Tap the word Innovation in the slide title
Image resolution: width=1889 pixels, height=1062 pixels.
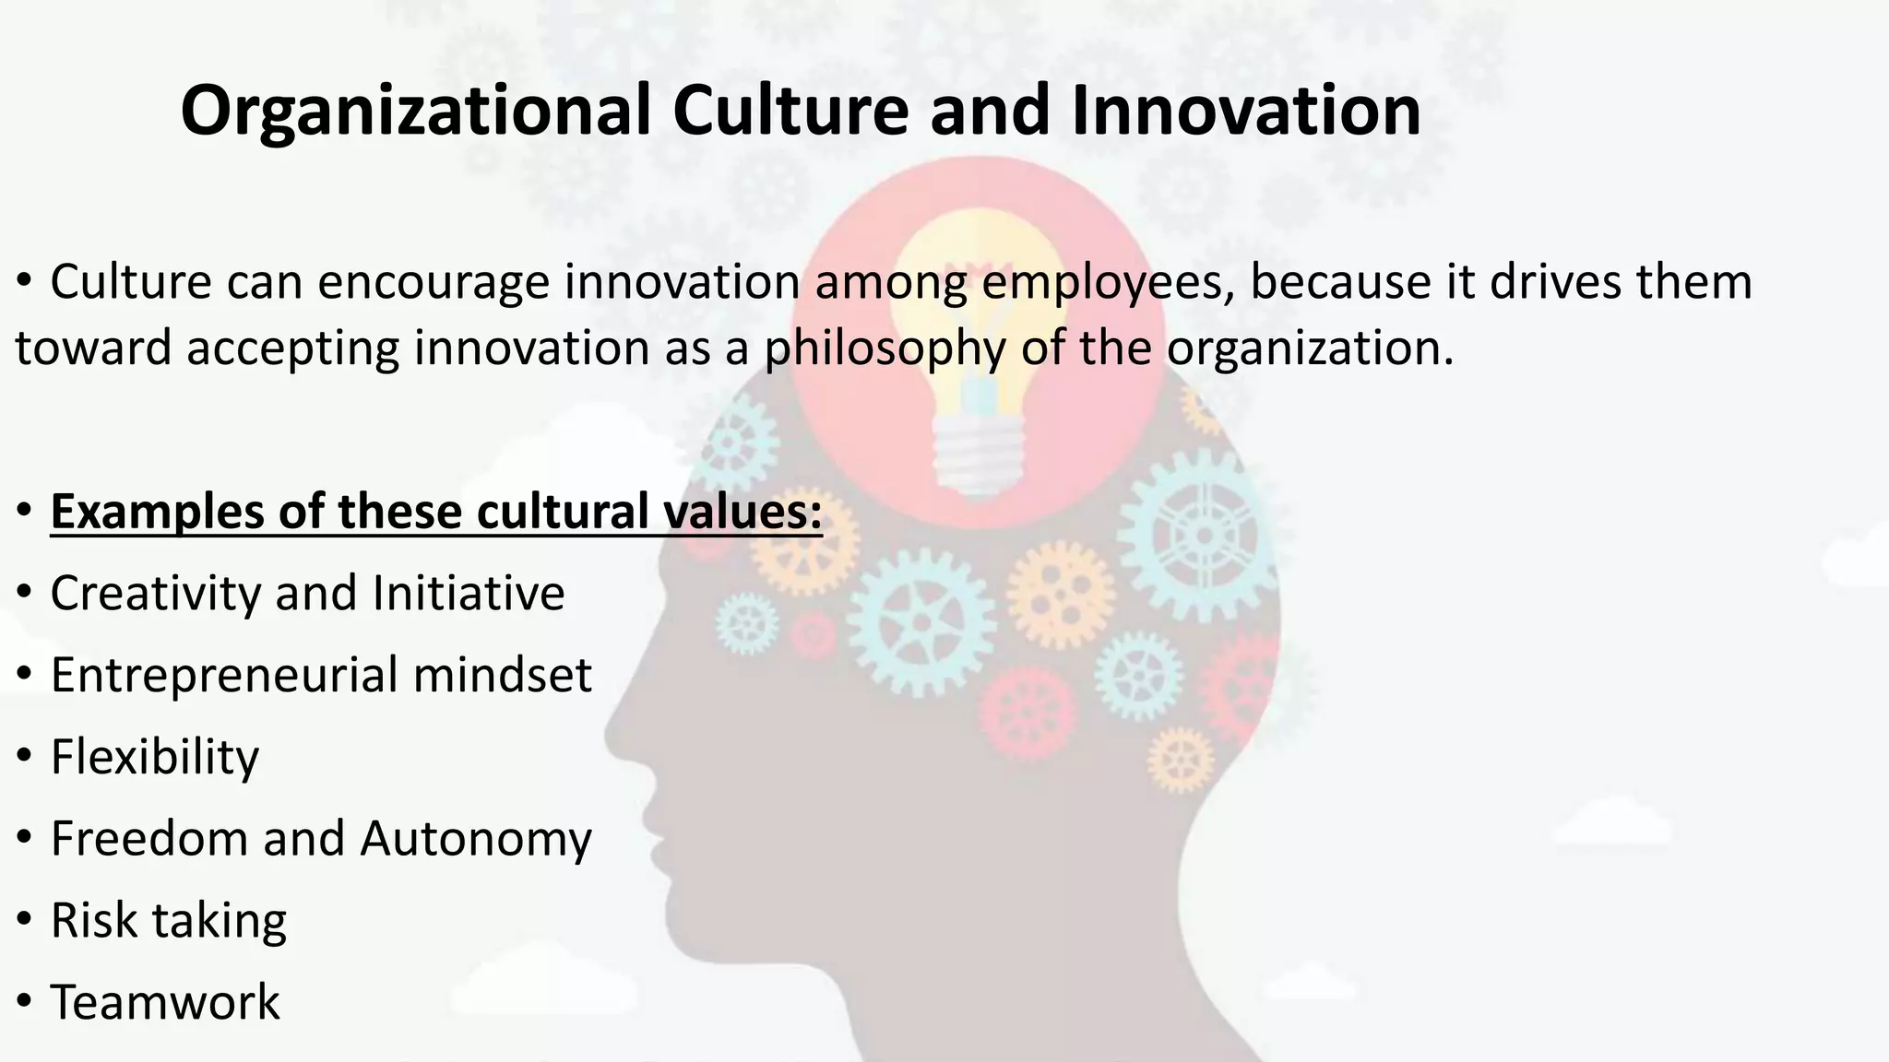pos(1245,112)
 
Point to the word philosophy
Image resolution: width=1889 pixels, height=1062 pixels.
pos(885,349)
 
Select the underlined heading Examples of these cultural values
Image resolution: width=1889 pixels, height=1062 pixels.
pos(435,512)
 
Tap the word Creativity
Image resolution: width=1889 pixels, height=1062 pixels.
pos(155,593)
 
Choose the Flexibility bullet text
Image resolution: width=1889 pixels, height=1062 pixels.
pos(155,757)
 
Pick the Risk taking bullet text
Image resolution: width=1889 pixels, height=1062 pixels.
pos(168,920)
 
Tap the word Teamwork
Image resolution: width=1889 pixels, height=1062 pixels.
pos(164,1002)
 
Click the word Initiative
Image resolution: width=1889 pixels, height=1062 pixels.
pos(468,593)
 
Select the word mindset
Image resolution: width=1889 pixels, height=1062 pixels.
pos(502,675)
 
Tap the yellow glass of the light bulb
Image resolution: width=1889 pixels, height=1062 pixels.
pos(980,304)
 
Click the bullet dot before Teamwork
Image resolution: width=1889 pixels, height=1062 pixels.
pos(25,1002)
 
